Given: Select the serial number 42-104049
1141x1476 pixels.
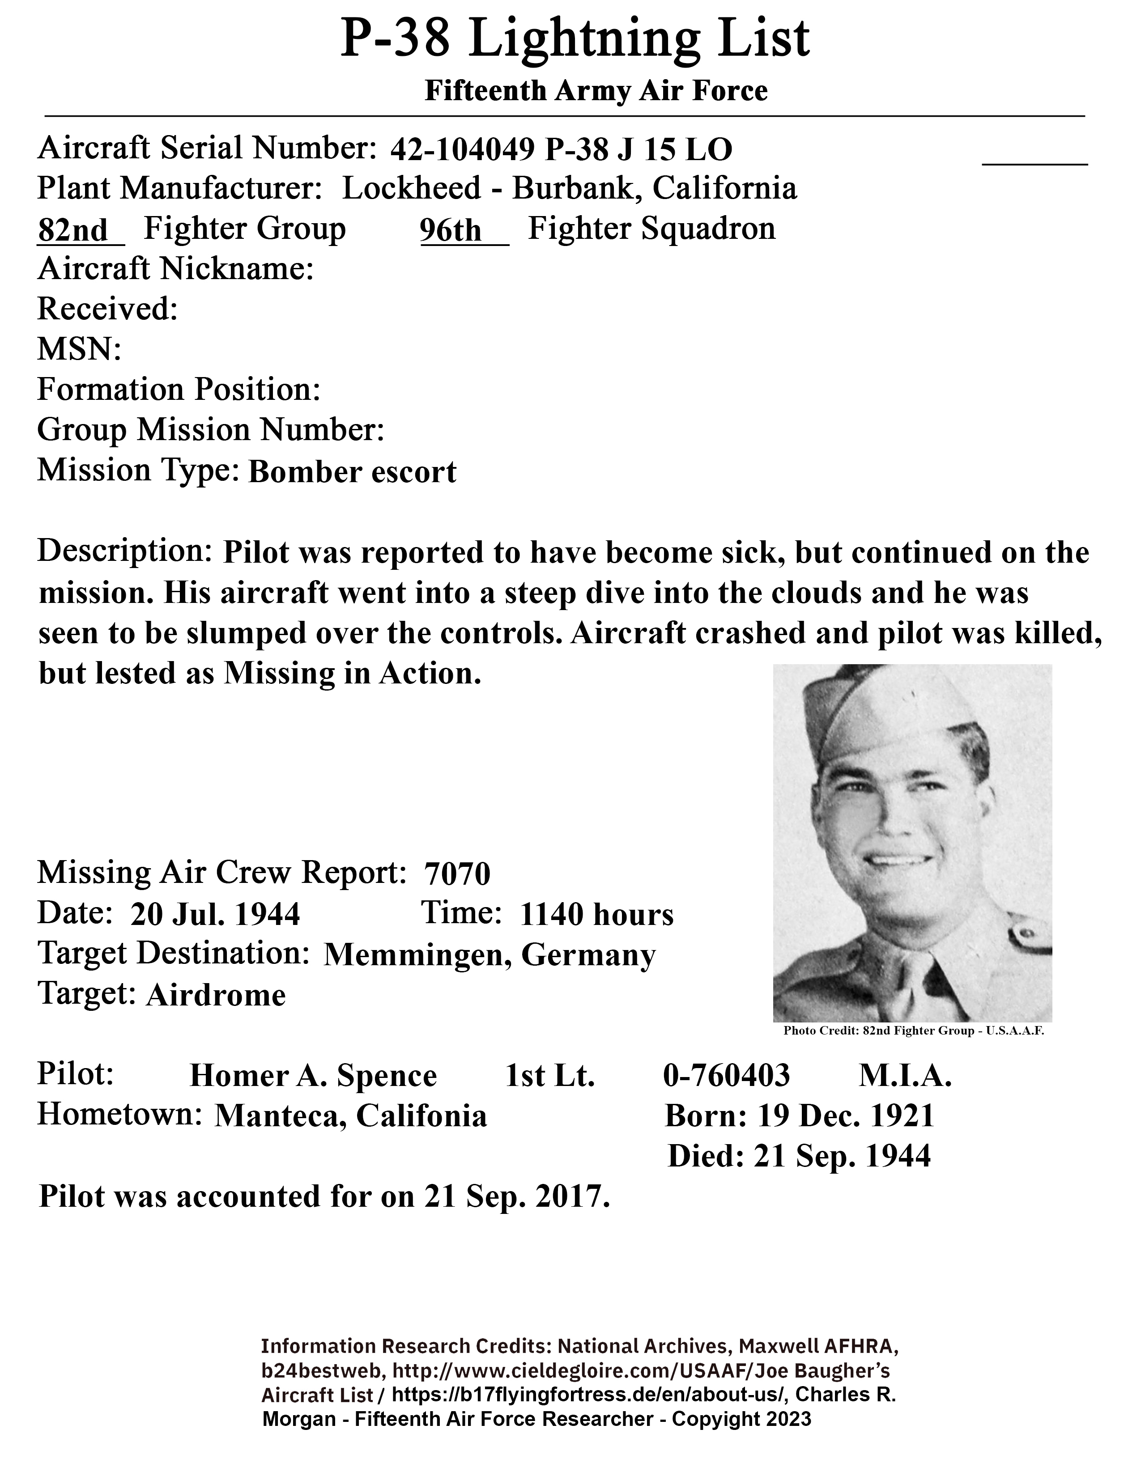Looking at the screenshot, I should coord(463,150).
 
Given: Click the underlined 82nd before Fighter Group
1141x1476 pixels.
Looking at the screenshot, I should coord(73,230).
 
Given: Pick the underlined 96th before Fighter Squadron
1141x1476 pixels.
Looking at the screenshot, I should coord(450,230).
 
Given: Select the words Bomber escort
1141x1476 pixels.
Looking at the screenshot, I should coord(352,472).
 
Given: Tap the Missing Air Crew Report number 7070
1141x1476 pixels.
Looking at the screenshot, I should coord(457,874).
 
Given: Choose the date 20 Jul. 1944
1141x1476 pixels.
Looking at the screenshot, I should coord(215,914).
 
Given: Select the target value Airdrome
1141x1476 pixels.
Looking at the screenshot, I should coord(216,996).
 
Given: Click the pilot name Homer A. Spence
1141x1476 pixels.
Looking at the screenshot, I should coord(313,1075).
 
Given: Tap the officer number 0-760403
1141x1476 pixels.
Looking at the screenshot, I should coord(726,1075).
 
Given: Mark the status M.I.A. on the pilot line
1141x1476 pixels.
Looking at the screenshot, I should coord(905,1075).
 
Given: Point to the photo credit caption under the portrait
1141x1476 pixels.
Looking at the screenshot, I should coord(914,1031).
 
